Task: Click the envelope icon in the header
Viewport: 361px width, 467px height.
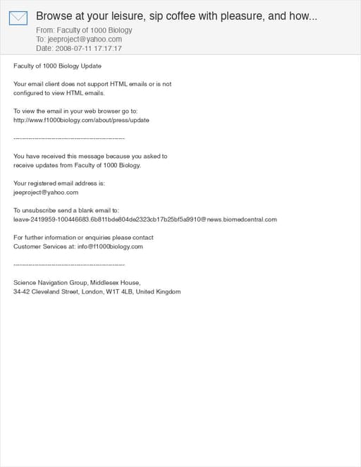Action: click(18, 18)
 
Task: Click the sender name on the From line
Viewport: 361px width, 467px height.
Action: click(94, 30)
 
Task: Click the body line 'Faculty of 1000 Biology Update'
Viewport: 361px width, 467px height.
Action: click(57, 66)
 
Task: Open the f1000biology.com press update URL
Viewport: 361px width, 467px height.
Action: click(81, 120)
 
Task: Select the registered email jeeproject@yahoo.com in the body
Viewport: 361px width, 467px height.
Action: click(46, 192)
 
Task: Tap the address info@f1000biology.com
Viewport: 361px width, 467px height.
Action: click(110, 247)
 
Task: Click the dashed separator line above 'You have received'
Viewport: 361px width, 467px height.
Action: click(69, 138)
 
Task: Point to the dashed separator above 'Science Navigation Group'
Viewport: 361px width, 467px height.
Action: click(69, 265)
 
